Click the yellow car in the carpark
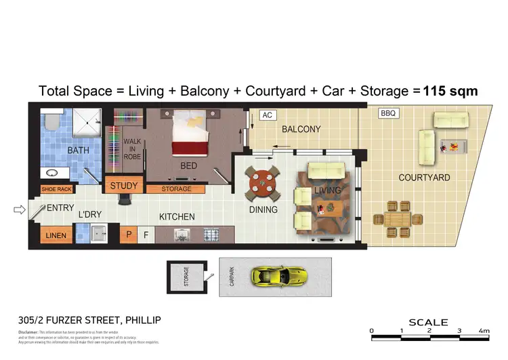coord(279,276)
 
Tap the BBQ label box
coord(388,113)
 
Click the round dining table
coord(262,182)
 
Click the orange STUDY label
coord(123,186)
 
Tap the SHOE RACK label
coord(57,190)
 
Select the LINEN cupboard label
coord(56,236)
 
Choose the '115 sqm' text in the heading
coord(450,91)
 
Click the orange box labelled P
coord(128,235)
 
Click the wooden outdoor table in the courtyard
coord(394,218)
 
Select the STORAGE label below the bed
coord(174,189)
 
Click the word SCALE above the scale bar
coord(428,322)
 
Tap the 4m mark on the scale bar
coord(484,331)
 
